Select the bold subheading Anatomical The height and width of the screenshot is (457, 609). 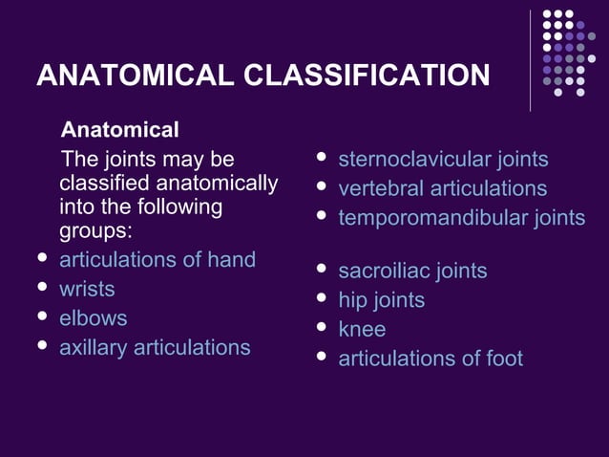pos(120,129)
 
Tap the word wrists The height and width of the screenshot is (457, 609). pos(87,289)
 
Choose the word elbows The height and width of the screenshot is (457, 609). pos(93,318)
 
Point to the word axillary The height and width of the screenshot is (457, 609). pos(94,348)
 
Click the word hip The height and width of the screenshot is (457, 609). pos(352,300)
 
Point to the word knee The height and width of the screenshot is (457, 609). pos(362,330)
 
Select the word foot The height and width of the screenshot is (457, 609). pos(504,359)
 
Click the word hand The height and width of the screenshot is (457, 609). pos(232,259)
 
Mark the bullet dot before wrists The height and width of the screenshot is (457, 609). pos(41,287)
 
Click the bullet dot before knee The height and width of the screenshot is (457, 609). pos(322,328)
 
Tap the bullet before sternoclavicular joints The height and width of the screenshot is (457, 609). pos(322,158)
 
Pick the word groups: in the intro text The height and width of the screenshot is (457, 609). pos(95,231)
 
